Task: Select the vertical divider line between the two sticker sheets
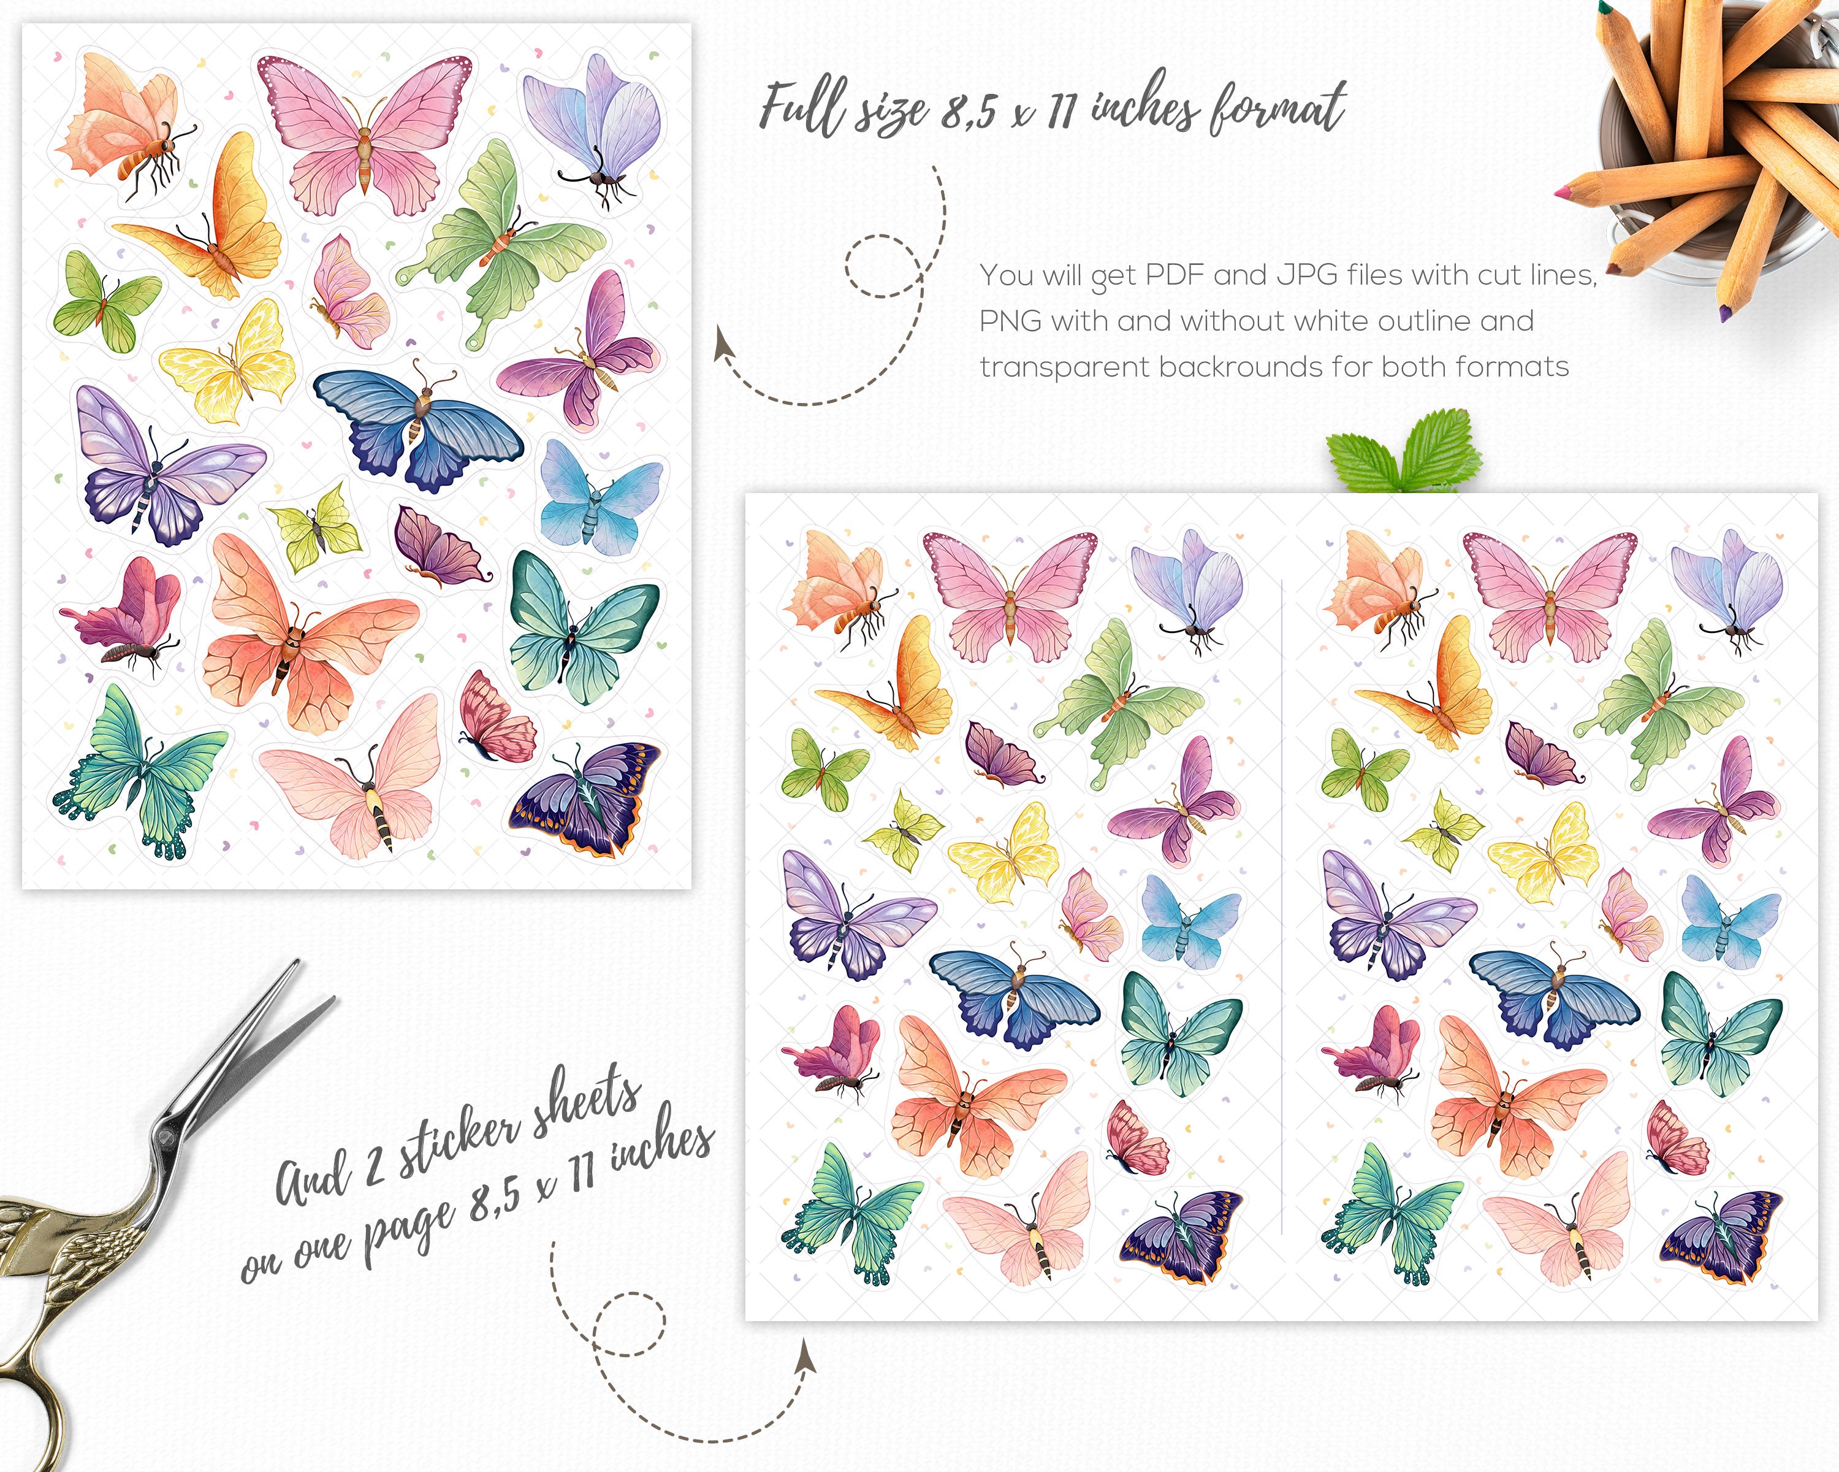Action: (x=1282, y=905)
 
